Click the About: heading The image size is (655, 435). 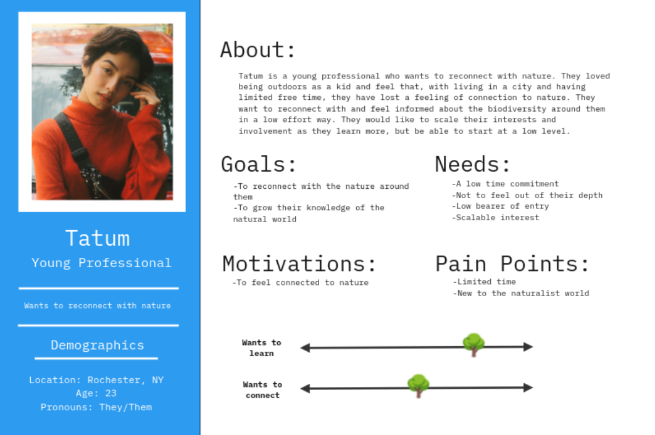(x=257, y=50)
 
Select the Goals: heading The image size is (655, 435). (x=258, y=165)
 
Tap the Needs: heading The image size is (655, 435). (x=472, y=164)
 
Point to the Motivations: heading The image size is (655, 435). (x=299, y=264)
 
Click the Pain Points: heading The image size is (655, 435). (x=512, y=264)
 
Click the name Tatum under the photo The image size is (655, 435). (x=98, y=239)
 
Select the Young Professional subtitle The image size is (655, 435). (x=101, y=263)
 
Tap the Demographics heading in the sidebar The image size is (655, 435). (x=98, y=346)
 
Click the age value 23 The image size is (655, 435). (x=111, y=393)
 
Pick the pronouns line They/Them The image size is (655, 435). (x=96, y=407)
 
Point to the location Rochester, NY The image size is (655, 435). (x=96, y=380)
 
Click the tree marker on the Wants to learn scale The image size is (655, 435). (x=474, y=345)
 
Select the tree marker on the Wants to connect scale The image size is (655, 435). (x=418, y=386)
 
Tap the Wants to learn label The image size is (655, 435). (x=262, y=348)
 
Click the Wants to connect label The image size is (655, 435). (x=262, y=389)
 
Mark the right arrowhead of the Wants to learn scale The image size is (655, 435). (x=528, y=347)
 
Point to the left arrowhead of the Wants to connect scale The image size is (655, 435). (x=306, y=389)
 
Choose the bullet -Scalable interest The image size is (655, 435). (x=496, y=217)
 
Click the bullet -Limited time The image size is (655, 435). (x=485, y=282)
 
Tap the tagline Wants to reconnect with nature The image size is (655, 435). (x=98, y=305)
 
